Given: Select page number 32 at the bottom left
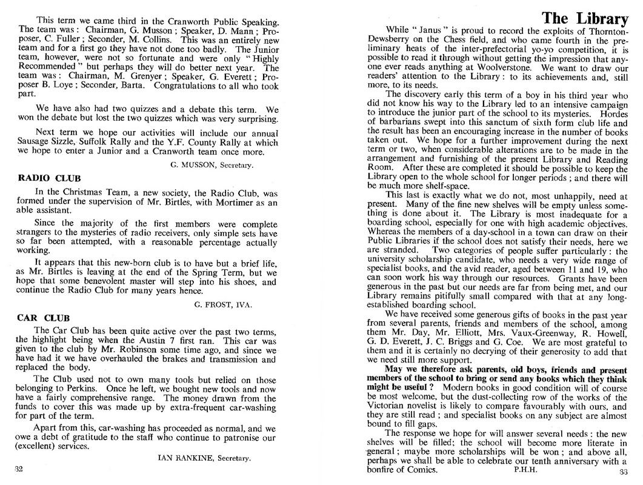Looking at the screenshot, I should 19,469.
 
